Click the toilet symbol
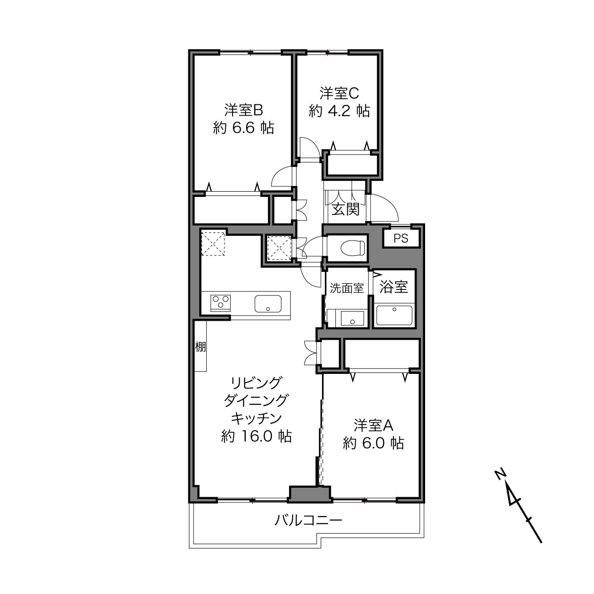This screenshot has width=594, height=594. pos(353,248)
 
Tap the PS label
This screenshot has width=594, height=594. pos(401,238)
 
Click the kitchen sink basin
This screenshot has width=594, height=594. pos(268,303)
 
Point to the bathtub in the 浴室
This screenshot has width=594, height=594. pos(394,316)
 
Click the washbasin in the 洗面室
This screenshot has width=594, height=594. pos(353,318)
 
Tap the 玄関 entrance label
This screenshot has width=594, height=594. pos(345,210)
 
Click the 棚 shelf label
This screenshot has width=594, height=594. pos(200,347)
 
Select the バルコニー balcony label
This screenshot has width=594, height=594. pos(308,520)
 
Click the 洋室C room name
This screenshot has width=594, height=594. pos(339,93)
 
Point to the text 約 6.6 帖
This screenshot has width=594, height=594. pos(243,128)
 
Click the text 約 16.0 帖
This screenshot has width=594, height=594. pos(256,436)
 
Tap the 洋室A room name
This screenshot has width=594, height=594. pos(373,426)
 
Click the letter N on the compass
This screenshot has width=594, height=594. pos(500,474)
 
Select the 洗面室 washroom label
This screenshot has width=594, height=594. pos(347,288)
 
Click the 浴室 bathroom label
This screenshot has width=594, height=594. pos(394,287)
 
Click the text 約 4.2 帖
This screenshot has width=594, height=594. pos(339,111)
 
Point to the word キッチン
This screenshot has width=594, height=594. pos(256,418)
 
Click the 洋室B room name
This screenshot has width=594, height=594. pos(243,110)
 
